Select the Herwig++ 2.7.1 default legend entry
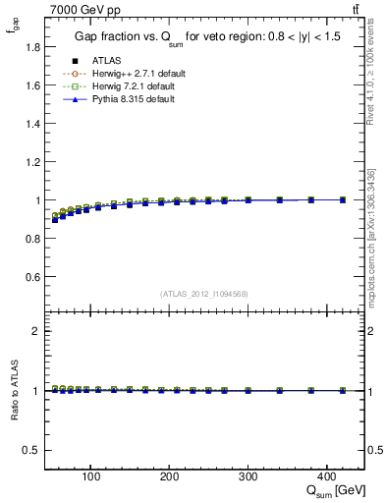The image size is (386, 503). tap(134, 74)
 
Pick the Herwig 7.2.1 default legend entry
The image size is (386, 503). tap(132, 86)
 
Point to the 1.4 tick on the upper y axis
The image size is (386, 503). tap(33, 124)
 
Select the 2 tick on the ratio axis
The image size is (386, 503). tap(37, 331)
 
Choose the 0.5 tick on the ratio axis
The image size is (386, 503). tap(33, 450)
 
